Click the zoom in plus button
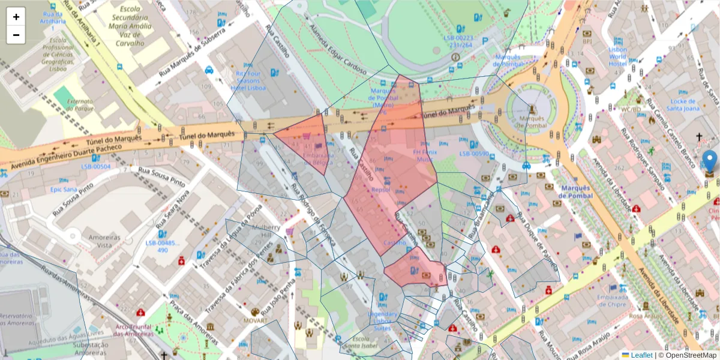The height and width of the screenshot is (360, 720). click(x=16, y=17)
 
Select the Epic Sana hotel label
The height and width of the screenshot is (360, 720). click(x=64, y=190)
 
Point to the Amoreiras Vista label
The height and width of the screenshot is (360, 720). click(x=96, y=242)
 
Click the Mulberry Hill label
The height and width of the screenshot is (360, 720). click(x=266, y=232)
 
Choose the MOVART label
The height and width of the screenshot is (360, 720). click(x=255, y=321)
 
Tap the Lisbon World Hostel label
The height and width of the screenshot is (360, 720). click(x=617, y=57)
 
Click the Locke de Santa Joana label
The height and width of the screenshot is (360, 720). click(x=685, y=105)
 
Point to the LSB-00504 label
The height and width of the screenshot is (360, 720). click(x=96, y=166)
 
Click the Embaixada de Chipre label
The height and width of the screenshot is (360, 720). click(x=611, y=301)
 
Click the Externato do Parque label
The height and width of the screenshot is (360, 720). click(x=81, y=105)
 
